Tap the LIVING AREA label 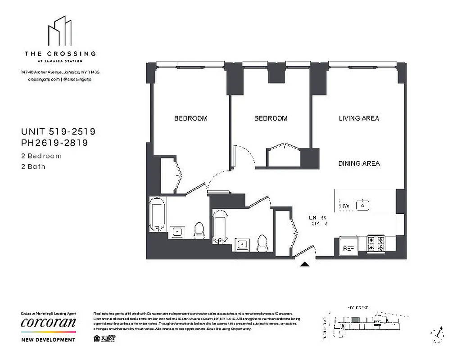[x=359, y=118]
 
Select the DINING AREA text [x=359, y=164]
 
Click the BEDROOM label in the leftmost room [x=191, y=118]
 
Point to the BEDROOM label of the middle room [x=271, y=118]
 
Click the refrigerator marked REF [x=348, y=247]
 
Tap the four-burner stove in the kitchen [x=376, y=243]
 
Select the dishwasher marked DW [x=344, y=206]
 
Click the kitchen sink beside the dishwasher [x=363, y=206]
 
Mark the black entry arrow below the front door [x=305, y=265]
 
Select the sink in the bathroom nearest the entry [x=243, y=245]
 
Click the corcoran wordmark [x=48, y=323]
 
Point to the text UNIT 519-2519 [x=58, y=132]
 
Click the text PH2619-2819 [x=54, y=143]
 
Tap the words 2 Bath [x=33, y=166]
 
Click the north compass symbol [x=437, y=333]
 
